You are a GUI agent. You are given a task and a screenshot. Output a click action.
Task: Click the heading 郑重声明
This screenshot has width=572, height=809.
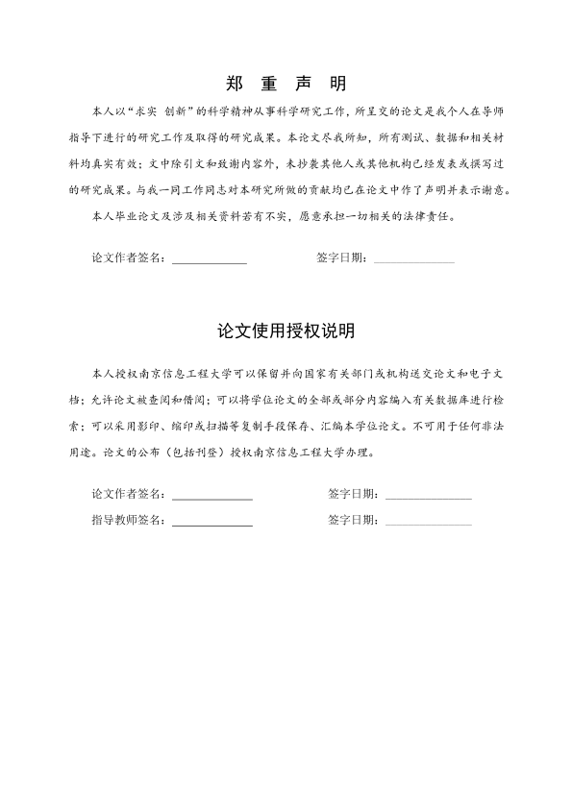point(286,83)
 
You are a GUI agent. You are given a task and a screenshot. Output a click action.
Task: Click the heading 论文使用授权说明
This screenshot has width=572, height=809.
point(286,331)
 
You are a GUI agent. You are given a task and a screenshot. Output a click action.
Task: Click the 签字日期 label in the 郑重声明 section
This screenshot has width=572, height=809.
point(340,258)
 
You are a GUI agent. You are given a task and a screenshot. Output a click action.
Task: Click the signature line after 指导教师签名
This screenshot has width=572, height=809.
point(211,525)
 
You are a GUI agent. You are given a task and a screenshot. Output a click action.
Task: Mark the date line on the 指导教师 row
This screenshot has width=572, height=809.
point(428,525)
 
